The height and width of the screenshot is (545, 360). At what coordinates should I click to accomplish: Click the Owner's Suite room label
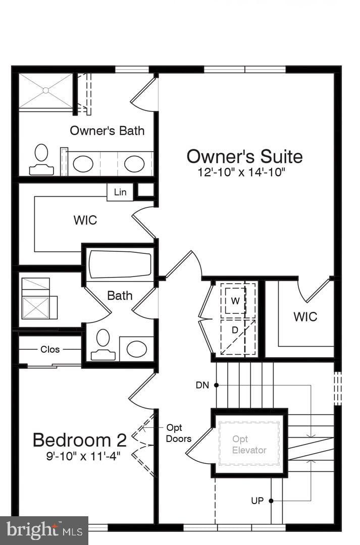(x=244, y=156)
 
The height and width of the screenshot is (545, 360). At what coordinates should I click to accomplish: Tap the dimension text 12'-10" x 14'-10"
(x=242, y=173)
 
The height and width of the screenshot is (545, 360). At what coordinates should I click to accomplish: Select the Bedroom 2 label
(x=79, y=440)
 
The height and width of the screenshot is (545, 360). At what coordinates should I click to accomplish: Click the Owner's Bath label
(x=107, y=131)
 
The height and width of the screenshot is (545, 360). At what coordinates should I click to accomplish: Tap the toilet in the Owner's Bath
(x=41, y=159)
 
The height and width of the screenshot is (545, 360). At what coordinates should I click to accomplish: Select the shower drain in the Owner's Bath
(x=45, y=90)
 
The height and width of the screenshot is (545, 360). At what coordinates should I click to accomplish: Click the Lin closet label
(x=120, y=192)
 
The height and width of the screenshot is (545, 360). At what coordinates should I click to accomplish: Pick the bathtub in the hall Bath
(x=120, y=264)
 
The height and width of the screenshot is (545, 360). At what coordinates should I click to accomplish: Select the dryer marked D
(x=235, y=330)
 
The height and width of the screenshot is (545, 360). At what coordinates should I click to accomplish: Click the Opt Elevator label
(x=249, y=445)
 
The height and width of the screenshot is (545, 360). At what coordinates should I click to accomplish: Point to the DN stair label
(x=202, y=385)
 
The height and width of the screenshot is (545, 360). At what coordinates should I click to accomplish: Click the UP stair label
(x=258, y=501)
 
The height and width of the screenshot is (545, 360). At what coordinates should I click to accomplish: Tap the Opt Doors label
(x=178, y=433)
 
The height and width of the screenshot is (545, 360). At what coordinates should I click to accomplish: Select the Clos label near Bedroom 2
(x=50, y=349)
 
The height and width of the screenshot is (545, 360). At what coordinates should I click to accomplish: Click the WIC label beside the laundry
(x=305, y=317)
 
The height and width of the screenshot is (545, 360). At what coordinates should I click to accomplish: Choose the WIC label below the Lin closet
(x=85, y=221)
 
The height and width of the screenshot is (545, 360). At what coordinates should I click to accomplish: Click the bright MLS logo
(x=44, y=530)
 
